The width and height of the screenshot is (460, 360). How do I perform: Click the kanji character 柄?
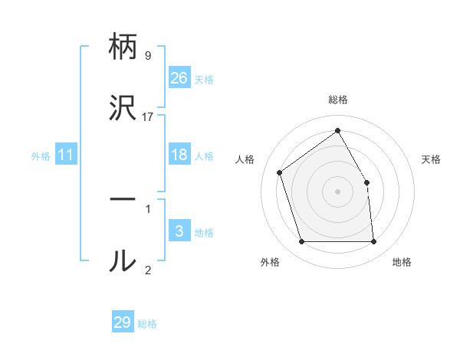[x=123, y=48]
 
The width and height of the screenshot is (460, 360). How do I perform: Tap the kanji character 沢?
[x=123, y=107]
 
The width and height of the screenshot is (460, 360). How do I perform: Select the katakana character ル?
[x=123, y=261]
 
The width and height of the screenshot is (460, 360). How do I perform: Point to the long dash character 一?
[x=123, y=200]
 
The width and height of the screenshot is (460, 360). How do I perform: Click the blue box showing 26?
[x=179, y=77]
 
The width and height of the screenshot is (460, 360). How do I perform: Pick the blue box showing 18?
[x=179, y=155]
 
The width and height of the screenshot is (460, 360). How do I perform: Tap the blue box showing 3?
[x=179, y=231]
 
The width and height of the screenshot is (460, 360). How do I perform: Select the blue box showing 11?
[x=66, y=155]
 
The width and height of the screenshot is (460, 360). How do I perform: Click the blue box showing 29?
[x=123, y=322]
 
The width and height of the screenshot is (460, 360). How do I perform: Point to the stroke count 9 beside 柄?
[x=148, y=56]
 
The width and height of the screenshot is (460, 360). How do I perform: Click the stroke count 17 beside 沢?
[x=148, y=116]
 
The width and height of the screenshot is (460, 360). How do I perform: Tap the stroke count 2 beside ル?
[x=148, y=270]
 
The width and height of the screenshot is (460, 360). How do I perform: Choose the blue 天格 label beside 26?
[x=204, y=79]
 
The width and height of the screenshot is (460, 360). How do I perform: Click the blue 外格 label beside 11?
[x=41, y=156]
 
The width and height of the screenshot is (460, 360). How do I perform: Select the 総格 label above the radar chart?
[x=338, y=100]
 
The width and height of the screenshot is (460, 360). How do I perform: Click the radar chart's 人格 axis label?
[x=245, y=159]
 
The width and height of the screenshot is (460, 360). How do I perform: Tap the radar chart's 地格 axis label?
[x=402, y=262]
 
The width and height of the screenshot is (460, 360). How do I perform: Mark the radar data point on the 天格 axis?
[x=366, y=182]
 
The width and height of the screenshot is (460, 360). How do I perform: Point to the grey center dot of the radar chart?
[x=338, y=191]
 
